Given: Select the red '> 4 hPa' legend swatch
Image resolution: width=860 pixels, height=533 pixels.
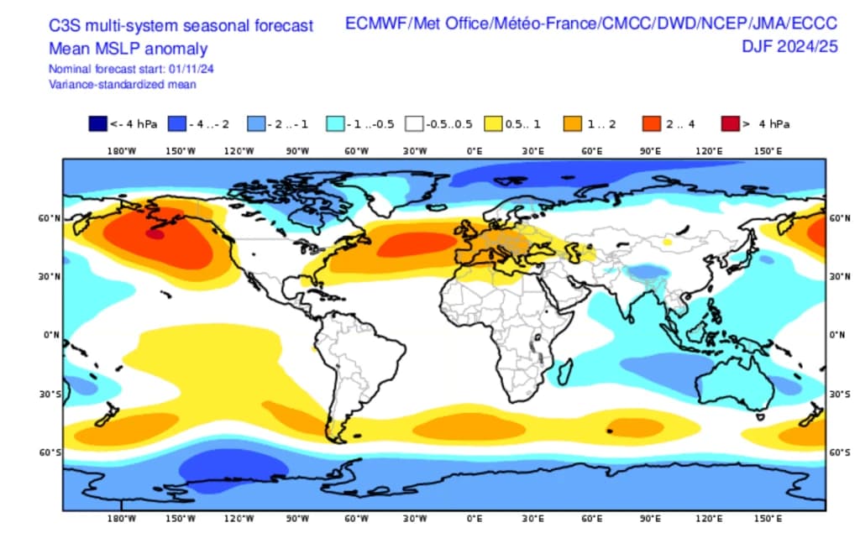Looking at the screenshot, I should (730, 124).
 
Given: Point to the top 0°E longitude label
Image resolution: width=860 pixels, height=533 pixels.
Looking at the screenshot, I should (474, 151).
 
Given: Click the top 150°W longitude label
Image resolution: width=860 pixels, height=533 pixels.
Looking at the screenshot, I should (180, 151).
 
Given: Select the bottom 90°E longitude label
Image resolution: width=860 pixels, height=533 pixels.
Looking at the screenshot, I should (651, 519).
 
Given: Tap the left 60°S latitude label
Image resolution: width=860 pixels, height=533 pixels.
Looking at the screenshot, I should (51, 452).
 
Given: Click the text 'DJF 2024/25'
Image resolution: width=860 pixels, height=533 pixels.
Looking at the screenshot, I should (789, 47).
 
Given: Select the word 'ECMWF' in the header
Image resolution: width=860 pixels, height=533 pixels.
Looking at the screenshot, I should (375, 24).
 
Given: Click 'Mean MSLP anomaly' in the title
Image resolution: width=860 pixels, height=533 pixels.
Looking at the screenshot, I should (128, 49).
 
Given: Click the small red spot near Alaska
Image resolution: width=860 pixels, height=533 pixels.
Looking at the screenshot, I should (154, 234).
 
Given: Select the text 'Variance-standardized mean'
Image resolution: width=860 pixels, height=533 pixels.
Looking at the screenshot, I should (123, 84).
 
